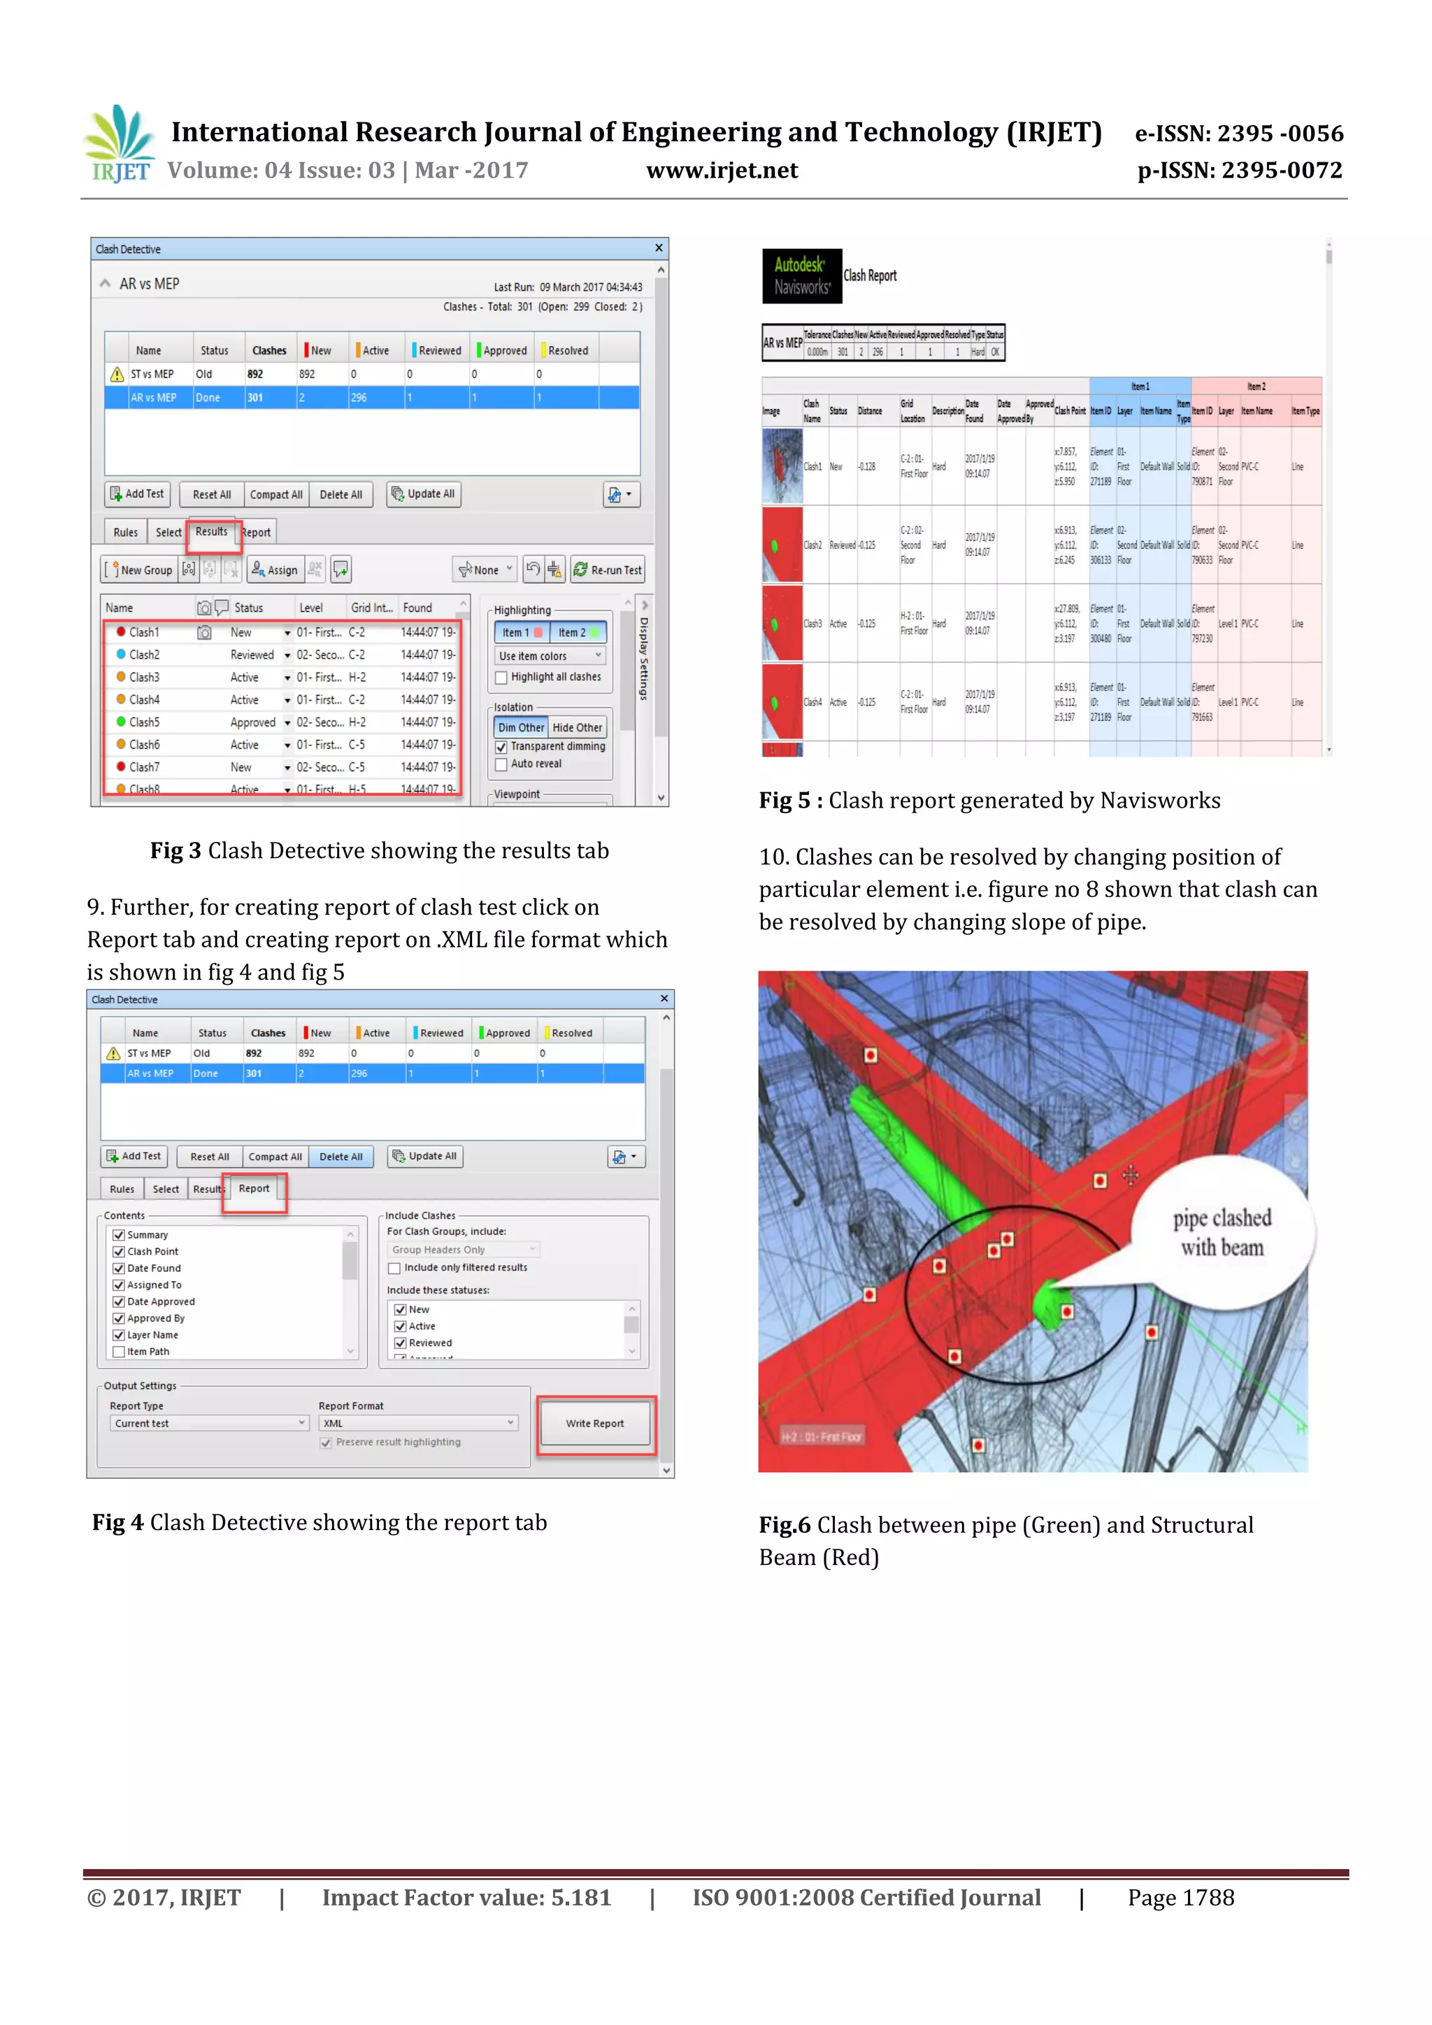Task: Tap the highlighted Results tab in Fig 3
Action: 212,532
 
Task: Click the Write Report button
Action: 595,1424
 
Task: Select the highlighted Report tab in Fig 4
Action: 254,1189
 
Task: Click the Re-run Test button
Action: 608,570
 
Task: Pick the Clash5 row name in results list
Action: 145,722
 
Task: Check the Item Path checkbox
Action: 119,1352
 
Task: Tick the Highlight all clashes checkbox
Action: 502,678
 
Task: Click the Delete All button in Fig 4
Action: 341,1157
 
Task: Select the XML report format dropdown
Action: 418,1424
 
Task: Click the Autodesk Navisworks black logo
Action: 801,276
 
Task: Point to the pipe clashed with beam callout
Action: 1222,1232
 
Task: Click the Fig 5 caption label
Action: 791,801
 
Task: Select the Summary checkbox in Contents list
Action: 119,1235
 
